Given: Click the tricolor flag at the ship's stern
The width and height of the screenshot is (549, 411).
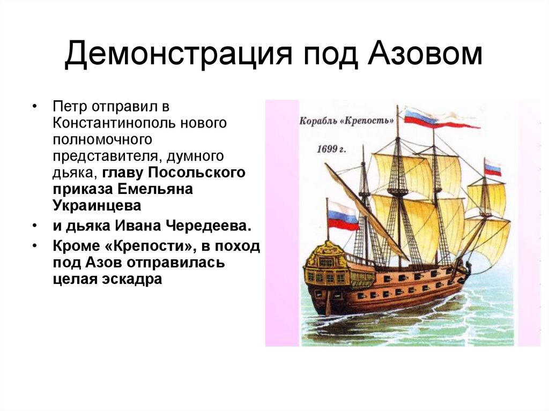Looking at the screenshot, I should tap(342, 215).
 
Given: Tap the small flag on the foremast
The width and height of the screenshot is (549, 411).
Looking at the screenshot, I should tap(492, 168).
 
